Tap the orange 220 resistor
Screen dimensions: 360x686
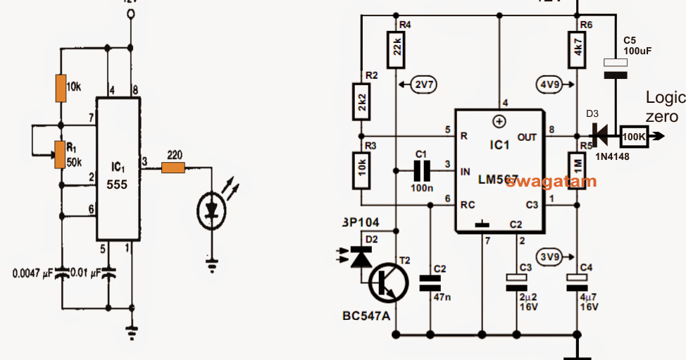(x=173, y=168)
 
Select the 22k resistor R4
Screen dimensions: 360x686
(x=395, y=49)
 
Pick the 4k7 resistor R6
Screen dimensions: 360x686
(x=578, y=50)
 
